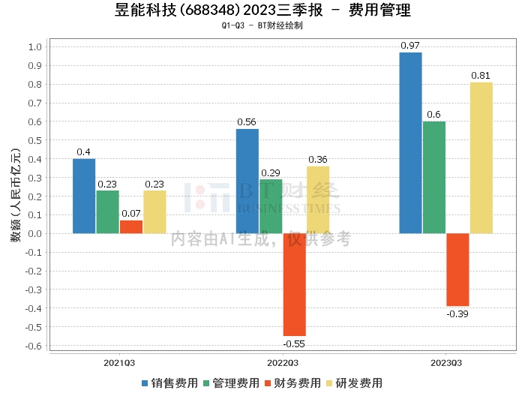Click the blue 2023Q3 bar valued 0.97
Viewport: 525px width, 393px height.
coord(410,143)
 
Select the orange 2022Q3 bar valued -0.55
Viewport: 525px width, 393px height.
coord(295,284)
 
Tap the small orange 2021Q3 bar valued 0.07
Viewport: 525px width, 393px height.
coord(131,227)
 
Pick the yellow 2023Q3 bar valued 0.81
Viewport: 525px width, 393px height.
coord(481,158)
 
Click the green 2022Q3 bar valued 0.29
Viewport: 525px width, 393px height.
coord(271,206)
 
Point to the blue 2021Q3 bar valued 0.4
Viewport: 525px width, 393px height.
coord(84,196)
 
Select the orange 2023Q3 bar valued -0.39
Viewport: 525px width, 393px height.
coord(457,269)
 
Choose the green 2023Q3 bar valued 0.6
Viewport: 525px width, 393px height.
coord(434,178)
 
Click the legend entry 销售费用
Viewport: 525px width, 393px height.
coord(169,383)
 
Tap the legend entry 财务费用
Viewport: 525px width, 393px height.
coord(292,383)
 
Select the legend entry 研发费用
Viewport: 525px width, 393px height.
coord(354,383)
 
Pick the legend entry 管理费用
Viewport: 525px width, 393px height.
coord(231,383)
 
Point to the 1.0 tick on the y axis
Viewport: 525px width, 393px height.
coord(35,46)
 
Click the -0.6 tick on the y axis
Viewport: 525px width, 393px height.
coord(34,346)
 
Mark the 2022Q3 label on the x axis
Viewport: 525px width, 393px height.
coord(283,363)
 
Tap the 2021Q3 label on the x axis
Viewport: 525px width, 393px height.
coord(119,363)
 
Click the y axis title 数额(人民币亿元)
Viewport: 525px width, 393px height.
coord(16,195)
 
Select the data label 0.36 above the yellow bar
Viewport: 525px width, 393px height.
coord(318,159)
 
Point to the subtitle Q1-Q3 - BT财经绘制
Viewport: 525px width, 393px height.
coord(262,25)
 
